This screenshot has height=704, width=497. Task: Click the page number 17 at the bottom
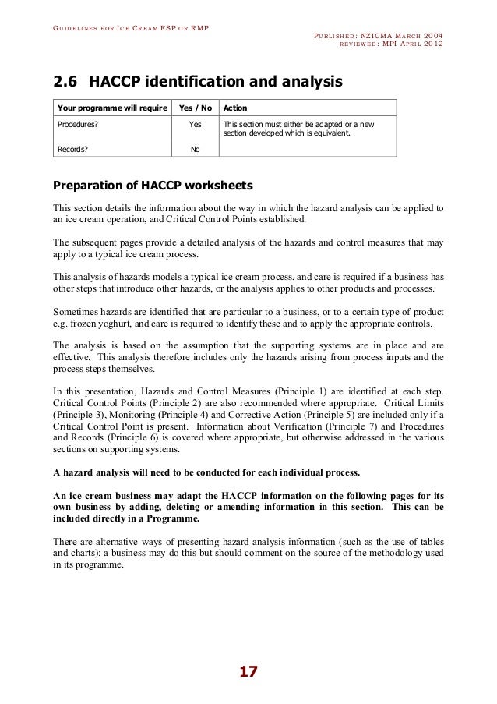pos(248,672)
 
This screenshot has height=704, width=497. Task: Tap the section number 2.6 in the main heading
pos(65,81)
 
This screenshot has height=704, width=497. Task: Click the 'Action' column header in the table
pos(235,108)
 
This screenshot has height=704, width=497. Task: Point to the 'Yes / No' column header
pos(195,108)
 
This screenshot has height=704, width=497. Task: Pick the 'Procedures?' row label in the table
pos(76,124)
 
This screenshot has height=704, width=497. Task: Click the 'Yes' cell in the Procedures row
pos(195,124)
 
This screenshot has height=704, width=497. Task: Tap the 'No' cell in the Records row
pos(195,148)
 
